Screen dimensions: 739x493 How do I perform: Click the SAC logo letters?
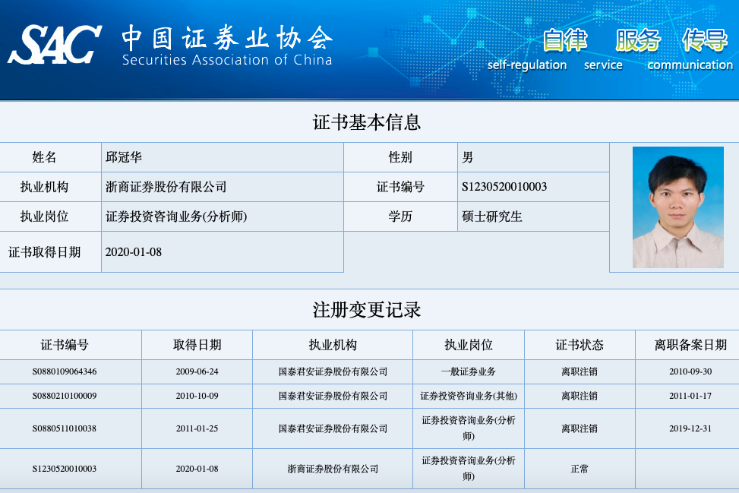[x=55, y=45]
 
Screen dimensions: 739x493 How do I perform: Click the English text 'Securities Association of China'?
[x=227, y=60]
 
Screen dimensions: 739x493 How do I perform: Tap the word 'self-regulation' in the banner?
[x=527, y=65]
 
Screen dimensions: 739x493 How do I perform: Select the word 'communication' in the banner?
[x=690, y=65]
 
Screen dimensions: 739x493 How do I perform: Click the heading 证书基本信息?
[x=367, y=122]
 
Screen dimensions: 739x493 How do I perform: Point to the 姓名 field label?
[x=44, y=157]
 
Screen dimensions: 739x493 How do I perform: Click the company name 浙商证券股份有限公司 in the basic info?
[x=166, y=187]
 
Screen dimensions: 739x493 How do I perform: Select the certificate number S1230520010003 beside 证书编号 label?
[x=504, y=187]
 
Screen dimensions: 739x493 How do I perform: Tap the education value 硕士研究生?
[x=492, y=216]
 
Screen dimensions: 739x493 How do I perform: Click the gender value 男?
[x=468, y=157]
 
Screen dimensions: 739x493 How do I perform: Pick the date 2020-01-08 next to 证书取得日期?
[x=134, y=252]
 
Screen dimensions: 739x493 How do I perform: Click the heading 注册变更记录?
[x=367, y=310]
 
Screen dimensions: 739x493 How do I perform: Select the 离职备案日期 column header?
[x=690, y=345]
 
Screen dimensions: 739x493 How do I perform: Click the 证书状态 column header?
[x=580, y=345]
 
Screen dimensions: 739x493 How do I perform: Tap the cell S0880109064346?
[x=65, y=371]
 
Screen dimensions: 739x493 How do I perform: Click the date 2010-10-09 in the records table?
[x=197, y=396]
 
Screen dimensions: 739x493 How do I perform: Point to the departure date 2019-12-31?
[x=690, y=428]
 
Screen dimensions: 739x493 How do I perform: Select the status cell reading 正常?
[x=580, y=469]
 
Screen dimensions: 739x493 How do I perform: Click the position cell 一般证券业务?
[x=469, y=371]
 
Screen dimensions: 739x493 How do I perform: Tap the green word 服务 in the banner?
[x=638, y=40]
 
